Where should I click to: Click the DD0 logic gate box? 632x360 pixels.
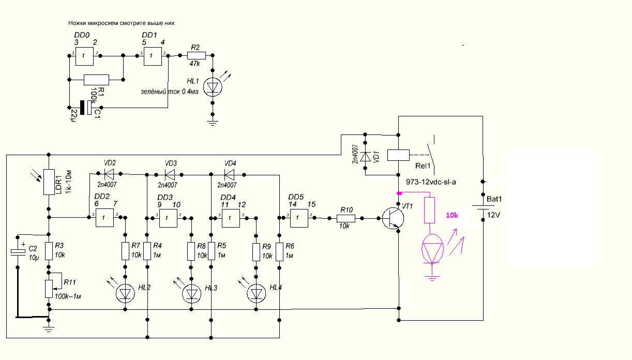pos(84,56)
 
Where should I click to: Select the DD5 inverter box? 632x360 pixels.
pos(299,218)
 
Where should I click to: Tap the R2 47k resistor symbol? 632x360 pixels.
pos(197,55)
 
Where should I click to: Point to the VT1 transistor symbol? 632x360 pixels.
pos(393,218)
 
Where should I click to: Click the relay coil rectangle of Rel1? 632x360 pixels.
pos(398,155)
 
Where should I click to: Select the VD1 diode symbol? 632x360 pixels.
pos(365,157)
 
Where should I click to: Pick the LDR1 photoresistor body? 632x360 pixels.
pos(49,182)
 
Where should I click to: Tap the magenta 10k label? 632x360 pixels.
pos(452,215)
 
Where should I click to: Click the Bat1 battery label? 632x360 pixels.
pos(494,199)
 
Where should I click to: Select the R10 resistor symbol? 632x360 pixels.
pos(346,218)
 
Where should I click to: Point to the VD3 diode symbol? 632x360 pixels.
pos(170,175)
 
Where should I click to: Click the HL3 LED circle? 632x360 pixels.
pos(191,294)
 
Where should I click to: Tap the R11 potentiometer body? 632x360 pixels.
pos(49,289)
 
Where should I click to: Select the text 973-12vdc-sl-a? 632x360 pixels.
pos(431,182)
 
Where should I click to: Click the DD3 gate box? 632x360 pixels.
pos(169,218)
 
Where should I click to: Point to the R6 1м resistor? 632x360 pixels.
pos(279,252)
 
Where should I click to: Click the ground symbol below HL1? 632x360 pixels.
pos(213,123)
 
